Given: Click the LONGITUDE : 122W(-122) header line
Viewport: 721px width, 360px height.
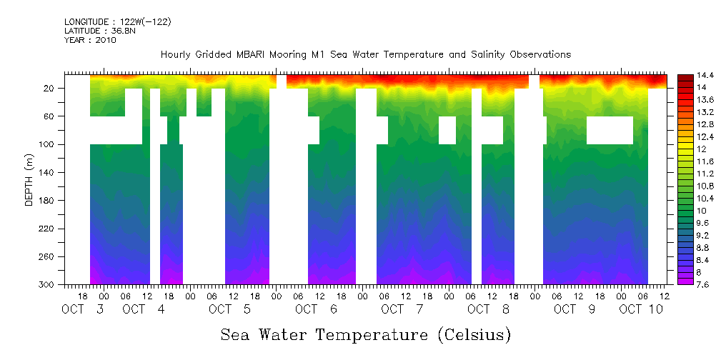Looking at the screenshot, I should [x=117, y=22].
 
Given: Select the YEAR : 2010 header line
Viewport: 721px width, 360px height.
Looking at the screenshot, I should [x=90, y=41].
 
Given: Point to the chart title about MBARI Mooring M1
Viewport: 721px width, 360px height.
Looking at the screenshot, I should [x=365, y=55].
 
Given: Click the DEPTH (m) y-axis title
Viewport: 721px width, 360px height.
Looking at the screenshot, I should [x=29, y=179].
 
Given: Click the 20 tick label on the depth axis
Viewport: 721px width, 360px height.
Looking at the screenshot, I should [x=49, y=88].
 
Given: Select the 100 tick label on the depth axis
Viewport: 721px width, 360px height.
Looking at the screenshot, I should [x=47, y=144].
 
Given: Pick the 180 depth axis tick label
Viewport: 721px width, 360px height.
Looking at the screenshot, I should [x=47, y=201].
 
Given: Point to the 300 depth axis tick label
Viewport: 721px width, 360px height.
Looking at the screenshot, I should [x=47, y=285].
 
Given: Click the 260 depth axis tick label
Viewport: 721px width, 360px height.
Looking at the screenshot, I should [x=47, y=256].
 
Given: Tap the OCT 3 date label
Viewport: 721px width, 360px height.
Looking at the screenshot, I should [x=84, y=309].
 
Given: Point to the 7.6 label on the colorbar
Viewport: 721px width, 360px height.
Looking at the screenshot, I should [x=703, y=284].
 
